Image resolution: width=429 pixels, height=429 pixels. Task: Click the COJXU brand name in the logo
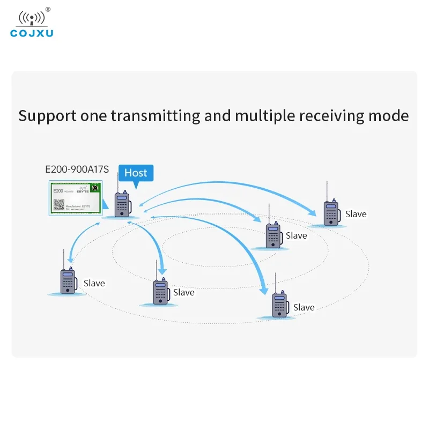click(32, 33)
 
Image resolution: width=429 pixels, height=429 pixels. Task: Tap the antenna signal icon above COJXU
click(32, 17)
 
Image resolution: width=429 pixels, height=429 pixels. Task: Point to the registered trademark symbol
click(48, 9)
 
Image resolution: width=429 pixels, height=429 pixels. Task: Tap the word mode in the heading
click(390, 116)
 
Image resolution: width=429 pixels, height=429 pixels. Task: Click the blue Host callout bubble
click(136, 173)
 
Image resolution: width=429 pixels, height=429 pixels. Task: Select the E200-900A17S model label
click(77, 169)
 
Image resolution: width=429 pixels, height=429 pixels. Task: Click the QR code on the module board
click(58, 204)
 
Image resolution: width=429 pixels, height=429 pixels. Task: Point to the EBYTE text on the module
click(84, 190)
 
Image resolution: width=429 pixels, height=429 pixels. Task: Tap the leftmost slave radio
click(68, 281)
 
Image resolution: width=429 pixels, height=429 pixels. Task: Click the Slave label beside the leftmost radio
click(94, 283)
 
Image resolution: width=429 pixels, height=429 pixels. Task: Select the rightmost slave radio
click(331, 213)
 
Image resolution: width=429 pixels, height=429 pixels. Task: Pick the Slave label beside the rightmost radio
click(356, 214)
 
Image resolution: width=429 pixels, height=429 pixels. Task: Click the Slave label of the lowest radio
click(304, 307)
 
